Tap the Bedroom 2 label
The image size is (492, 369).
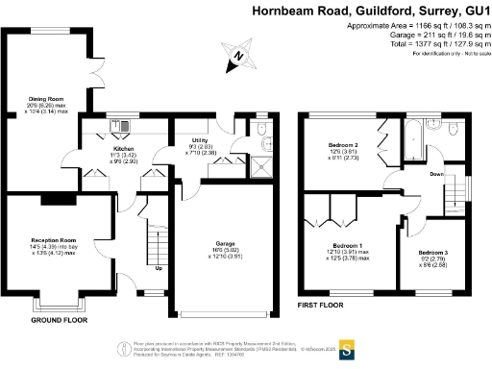click(342, 145)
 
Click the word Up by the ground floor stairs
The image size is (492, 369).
click(159, 294)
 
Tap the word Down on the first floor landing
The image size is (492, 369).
click(435, 174)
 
